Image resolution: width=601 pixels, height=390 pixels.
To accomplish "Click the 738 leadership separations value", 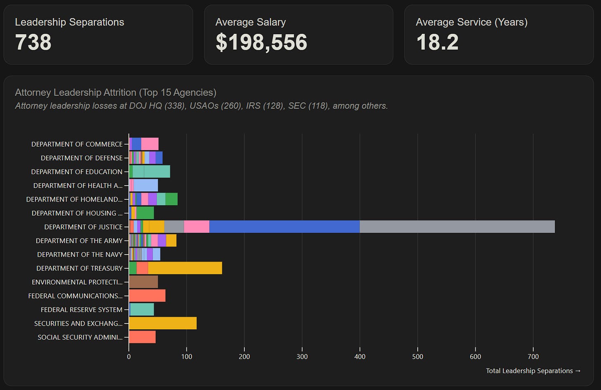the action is pyautogui.click(x=33, y=42).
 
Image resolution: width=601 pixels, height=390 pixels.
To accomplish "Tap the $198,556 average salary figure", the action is pyautogui.click(x=261, y=42).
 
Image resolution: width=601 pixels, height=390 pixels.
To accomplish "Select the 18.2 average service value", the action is pyautogui.click(x=437, y=42).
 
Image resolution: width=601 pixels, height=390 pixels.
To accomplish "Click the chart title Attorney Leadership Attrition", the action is pyautogui.click(x=116, y=92).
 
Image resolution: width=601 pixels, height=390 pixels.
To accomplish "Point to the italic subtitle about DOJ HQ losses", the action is pyautogui.click(x=201, y=106).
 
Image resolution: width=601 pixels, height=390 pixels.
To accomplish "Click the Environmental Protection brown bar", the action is pyautogui.click(x=144, y=282).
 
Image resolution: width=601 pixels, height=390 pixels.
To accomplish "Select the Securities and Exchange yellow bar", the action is pyautogui.click(x=163, y=323).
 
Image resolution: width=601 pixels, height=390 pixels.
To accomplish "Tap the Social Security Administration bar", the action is pyautogui.click(x=142, y=337).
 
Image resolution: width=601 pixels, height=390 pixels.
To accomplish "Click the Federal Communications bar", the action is pyautogui.click(x=147, y=295).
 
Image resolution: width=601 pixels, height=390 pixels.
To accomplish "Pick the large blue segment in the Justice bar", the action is pyautogui.click(x=284, y=227).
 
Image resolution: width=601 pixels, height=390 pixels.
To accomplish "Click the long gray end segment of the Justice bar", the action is pyautogui.click(x=457, y=227).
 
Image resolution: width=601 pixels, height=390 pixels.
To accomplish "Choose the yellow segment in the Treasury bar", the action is pyautogui.click(x=185, y=268).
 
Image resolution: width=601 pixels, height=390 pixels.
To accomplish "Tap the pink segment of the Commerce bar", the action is pyautogui.click(x=150, y=144).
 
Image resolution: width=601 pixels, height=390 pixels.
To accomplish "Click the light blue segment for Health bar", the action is pyautogui.click(x=146, y=185).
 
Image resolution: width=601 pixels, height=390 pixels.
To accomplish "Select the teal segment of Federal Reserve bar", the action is pyautogui.click(x=142, y=310).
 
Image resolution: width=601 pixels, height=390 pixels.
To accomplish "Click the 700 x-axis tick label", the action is pyautogui.click(x=533, y=357).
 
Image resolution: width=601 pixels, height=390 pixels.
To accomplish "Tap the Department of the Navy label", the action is pyautogui.click(x=80, y=254).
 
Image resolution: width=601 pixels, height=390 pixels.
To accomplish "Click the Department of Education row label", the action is pyautogui.click(x=77, y=172).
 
